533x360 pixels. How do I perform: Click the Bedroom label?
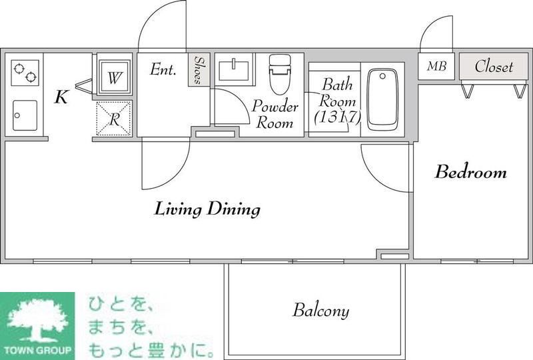471,172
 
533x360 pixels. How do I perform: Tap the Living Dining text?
207,209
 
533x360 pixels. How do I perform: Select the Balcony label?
321,310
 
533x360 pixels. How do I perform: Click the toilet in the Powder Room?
280,74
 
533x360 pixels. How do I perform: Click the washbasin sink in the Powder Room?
234,69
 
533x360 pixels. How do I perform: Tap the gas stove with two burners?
25,73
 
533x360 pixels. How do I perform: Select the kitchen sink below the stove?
25,115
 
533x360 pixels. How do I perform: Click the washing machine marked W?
114,77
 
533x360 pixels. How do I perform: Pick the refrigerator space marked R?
114,119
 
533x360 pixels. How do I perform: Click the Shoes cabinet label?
199,70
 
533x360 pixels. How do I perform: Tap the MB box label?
436,66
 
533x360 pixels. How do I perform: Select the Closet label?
494,67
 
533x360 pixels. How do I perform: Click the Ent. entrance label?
163,69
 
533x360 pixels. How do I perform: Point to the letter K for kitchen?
61,97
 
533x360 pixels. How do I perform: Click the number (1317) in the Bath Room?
337,117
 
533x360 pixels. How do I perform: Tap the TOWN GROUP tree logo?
37,325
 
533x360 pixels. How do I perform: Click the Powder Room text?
275,114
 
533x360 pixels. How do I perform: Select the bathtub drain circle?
382,76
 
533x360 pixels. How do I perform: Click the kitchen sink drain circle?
17,115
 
